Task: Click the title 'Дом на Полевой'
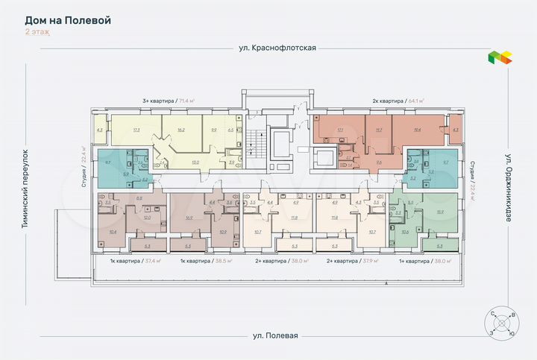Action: (68, 20)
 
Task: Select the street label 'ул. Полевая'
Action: (274, 335)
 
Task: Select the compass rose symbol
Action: (500, 322)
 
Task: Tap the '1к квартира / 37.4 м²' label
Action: (128, 262)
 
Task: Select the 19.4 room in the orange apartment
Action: (416, 130)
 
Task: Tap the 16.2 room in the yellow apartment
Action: (181, 130)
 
